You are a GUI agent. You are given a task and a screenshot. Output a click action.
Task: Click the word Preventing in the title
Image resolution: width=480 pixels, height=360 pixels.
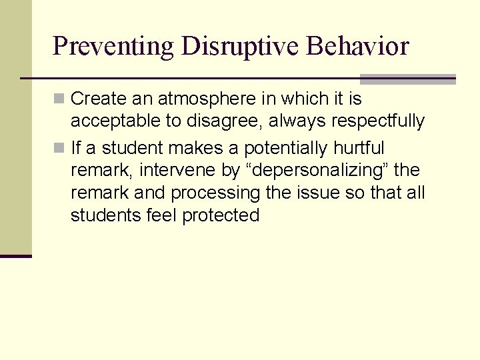[x=112, y=47]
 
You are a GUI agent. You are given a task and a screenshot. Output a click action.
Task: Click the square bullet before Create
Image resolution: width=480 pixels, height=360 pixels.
[x=59, y=99]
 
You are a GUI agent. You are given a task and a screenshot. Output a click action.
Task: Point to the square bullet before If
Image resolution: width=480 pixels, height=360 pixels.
[x=59, y=147]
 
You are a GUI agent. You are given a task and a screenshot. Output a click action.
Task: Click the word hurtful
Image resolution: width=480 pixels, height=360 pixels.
[x=359, y=147]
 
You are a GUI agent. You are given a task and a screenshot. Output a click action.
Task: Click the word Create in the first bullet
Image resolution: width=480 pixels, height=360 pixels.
[x=98, y=99]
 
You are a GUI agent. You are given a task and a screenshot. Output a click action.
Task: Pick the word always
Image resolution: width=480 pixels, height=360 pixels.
[x=292, y=122]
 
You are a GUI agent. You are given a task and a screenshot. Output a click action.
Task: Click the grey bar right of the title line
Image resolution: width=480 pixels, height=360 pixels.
[x=407, y=79]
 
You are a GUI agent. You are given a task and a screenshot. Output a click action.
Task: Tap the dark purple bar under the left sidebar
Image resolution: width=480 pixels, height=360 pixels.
[x=15, y=255]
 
